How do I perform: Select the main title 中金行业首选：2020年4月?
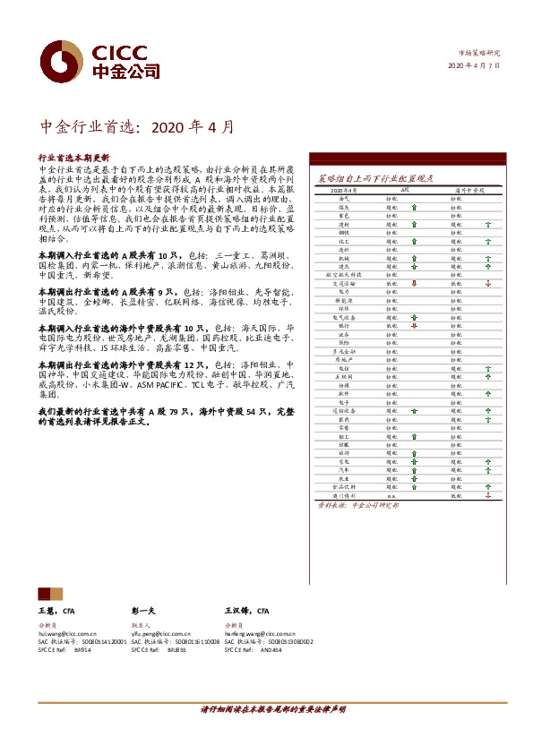coord(139,127)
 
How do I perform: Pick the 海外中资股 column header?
coord(469,191)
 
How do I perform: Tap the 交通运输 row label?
coord(344,283)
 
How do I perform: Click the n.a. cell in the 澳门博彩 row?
coord(391,494)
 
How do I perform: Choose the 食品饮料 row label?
coord(344,486)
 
